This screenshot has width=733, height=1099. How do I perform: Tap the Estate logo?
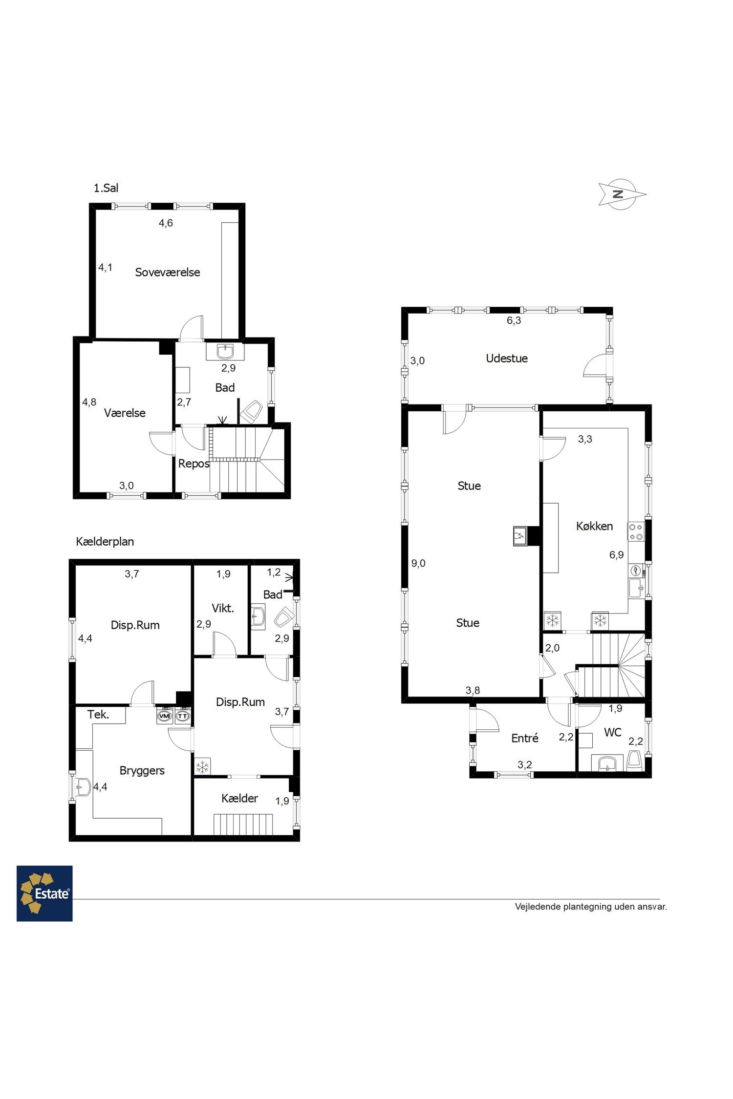pyautogui.click(x=44, y=893)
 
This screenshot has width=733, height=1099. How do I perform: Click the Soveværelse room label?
pyautogui.click(x=168, y=273)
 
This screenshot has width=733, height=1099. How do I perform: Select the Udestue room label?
pyautogui.click(x=507, y=359)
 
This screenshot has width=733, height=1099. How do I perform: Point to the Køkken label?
pyautogui.click(x=594, y=526)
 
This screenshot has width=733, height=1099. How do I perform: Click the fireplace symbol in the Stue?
pyautogui.click(x=519, y=536)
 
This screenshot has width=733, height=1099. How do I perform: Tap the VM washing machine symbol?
pyautogui.click(x=164, y=716)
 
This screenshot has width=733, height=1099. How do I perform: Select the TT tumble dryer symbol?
pyautogui.click(x=183, y=716)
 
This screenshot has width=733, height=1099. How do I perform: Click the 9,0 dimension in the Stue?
pyautogui.click(x=418, y=563)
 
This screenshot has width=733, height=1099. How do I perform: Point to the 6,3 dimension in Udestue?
pyautogui.click(x=514, y=320)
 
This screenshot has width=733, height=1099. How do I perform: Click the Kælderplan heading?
pyautogui.click(x=105, y=542)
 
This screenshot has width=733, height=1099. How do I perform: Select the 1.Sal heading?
pyautogui.click(x=106, y=188)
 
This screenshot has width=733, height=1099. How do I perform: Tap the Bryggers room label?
pyautogui.click(x=142, y=771)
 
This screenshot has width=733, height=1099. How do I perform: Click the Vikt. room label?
pyautogui.click(x=223, y=608)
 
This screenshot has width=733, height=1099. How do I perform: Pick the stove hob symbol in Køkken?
pyautogui.click(x=636, y=532)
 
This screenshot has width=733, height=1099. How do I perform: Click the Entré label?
pyautogui.click(x=525, y=738)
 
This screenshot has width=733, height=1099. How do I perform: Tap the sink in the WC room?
pyautogui.click(x=607, y=763)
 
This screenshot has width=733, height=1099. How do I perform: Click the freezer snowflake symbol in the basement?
pyautogui.click(x=202, y=767)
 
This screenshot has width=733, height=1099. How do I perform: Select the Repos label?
pyautogui.click(x=194, y=464)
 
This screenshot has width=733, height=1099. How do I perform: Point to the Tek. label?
pyautogui.click(x=98, y=715)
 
